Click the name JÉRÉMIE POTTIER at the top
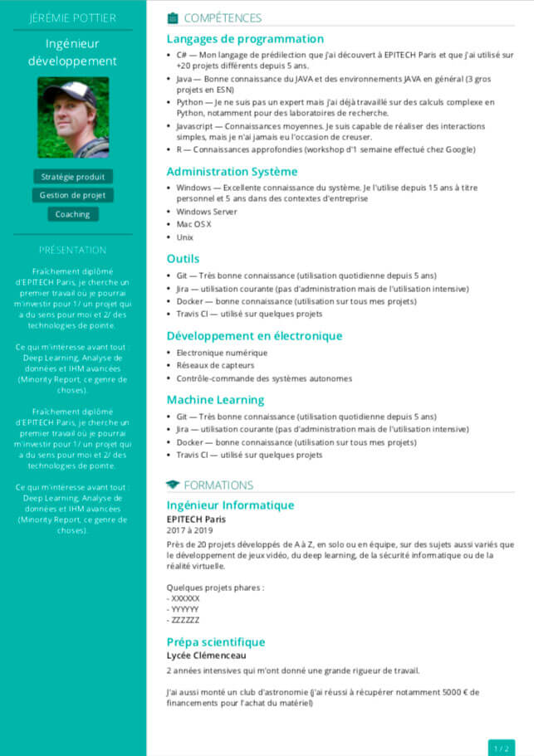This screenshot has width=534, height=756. pyautogui.click(x=73, y=17)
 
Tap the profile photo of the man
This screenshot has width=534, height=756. pyautogui.click(x=73, y=117)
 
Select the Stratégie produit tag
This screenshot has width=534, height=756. pyautogui.click(x=73, y=177)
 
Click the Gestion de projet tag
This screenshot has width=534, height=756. pyautogui.click(x=73, y=195)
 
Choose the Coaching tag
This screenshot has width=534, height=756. pyautogui.click(x=73, y=214)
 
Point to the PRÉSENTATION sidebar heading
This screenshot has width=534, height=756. pyautogui.click(x=73, y=250)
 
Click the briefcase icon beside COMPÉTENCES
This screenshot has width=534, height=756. pyautogui.click(x=173, y=17)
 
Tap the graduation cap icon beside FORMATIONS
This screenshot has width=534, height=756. pyautogui.click(x=173, y=485)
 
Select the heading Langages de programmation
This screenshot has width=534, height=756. pyautogui.click(x=245, y=38)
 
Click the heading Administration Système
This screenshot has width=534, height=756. pyautogui.click(x=232, y=171)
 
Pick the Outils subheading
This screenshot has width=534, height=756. pyautogui.click(x=183, y=258)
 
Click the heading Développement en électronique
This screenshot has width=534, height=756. pyautogui.click(x=254, y=336)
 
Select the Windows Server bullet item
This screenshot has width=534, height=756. pyautogui.click(x=207, y=212)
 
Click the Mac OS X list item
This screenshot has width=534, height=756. pyautogui.click(x=194, y=224)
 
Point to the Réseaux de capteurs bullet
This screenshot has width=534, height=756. pyautogui.click(x=215, y=365)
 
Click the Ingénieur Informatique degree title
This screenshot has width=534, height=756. pyautogui.click(x=230, y=505)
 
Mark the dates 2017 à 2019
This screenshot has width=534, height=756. pyautogui.click(x=190, y=530)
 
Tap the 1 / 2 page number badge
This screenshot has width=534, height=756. pyautogui.click(x=502, y=748)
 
